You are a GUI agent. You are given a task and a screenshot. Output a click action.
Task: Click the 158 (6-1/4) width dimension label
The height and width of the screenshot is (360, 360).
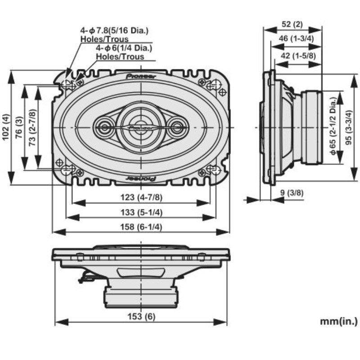(x=141, y=227)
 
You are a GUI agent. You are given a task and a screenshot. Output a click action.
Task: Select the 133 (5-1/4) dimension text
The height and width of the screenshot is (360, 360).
(x=141, y=212)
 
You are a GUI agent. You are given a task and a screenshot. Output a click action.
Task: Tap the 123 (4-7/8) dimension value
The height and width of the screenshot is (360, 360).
(x=141, y=198)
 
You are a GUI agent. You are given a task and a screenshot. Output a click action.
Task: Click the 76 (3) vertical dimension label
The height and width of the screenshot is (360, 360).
(x=19, y=128)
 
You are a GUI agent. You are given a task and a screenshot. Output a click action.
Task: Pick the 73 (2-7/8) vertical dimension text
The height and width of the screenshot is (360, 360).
(x=32, y=128)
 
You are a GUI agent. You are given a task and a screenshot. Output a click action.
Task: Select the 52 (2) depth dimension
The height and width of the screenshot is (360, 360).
(x=293, y=24)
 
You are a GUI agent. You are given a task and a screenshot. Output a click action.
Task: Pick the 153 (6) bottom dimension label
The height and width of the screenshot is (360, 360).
(x=141, y=316)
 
